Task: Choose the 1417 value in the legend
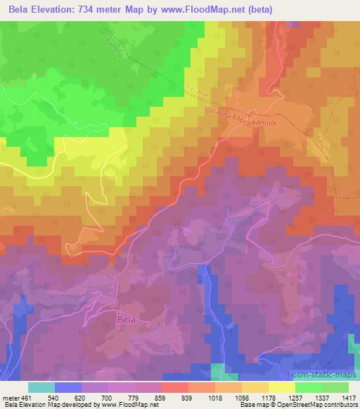[x=347, y=397]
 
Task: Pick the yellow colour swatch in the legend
[x=281, y=387]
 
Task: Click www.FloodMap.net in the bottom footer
[x=124, y=405]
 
